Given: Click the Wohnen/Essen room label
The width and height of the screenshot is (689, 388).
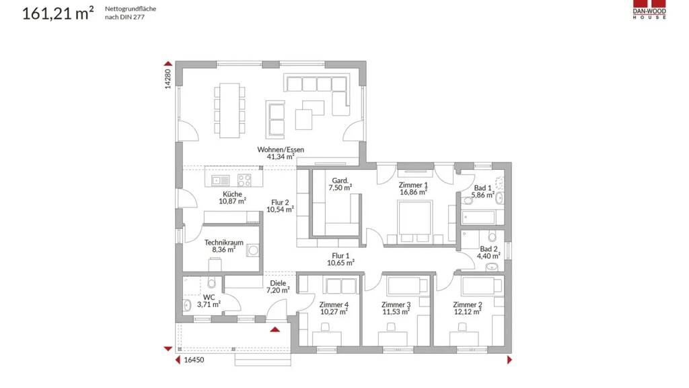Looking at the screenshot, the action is pos(281,150).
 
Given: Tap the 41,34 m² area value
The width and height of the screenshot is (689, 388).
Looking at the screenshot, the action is pos(281,156).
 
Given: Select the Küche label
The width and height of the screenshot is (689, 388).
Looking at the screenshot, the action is pos(232,194).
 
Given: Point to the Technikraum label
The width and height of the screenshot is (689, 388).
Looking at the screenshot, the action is pos(223,243).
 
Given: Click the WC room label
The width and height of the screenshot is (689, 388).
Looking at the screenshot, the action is pos(209,297).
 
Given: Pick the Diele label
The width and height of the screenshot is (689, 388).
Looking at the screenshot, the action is pos(278,284).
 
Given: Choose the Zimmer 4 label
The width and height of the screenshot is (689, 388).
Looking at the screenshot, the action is pos(334,304).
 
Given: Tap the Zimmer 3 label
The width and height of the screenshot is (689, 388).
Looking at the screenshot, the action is pos(396,304).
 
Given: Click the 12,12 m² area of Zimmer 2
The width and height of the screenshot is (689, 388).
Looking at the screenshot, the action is pos(468,311).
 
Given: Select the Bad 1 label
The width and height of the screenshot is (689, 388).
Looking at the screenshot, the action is pos(482,188).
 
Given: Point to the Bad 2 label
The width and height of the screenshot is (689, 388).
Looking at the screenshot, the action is pos(488,249).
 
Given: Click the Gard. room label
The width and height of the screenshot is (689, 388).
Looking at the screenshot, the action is pos(340,181).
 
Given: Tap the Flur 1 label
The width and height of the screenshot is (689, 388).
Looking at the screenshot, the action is pos(340,255).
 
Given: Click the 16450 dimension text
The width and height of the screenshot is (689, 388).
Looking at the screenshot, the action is pos(194,360).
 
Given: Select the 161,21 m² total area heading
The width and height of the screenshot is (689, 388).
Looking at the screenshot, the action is pos(58,13).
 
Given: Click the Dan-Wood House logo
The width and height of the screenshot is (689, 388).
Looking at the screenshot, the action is pos(649,9).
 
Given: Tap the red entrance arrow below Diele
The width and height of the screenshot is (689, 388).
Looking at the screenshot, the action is pos(275,329).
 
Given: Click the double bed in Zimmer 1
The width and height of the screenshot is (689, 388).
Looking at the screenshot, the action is pos(414,221).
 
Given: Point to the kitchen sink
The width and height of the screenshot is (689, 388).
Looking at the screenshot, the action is pos(220,180).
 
